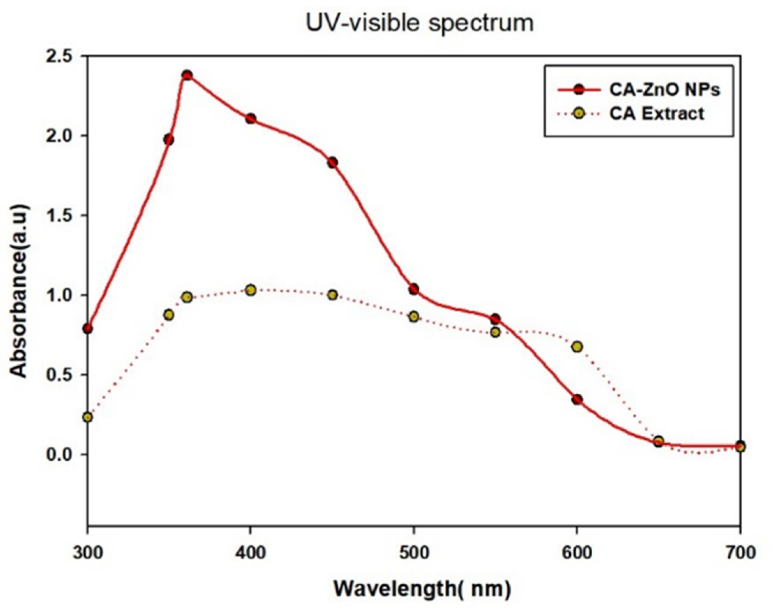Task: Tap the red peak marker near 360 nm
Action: [x=187, y=75]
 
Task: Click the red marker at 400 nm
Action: [x=251, y=119]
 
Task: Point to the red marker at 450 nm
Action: [x=332, y=163]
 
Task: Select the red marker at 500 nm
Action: [x=414, y=289]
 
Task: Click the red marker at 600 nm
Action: [x=577, y=399]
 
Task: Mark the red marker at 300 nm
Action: [x=88, y=329]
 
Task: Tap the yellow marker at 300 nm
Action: [x=88, y=417]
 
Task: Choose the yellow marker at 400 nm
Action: [x=251, y=290]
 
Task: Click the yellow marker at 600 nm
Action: [x=577, y=346]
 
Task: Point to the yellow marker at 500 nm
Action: [x=414, y=316]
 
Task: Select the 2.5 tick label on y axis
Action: [x=59, y=57]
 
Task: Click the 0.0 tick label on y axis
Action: [x=59, y=454]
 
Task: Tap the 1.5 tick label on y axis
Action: [x=59, y=216]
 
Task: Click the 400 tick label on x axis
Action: [x=251, y=553]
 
